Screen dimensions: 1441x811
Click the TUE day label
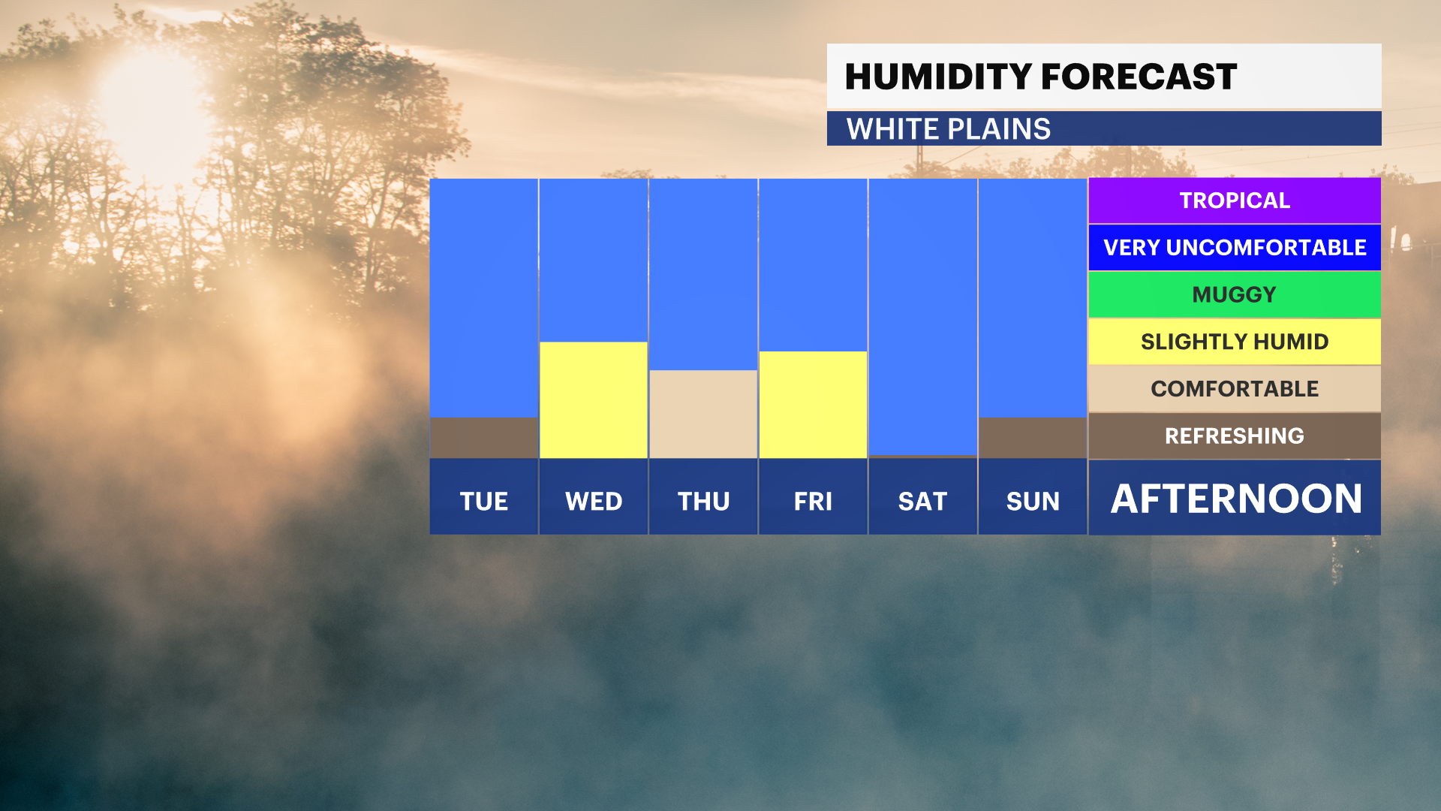coord(484,501)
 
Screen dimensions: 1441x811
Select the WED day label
coord(594,501)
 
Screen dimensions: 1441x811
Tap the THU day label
coord(703,501)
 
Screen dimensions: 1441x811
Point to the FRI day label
coord(813,501)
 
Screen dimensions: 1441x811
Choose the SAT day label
coord(922,501)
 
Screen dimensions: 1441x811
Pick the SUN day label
coord(1033,501)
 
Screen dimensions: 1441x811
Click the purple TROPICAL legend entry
coord(1235,200)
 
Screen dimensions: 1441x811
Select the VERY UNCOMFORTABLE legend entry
coord(1235,247)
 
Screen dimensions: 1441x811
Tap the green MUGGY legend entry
coord(1235,294)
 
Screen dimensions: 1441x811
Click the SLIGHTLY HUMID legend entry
coord(1235,342)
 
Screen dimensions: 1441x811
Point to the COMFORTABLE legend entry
coord(1235,389)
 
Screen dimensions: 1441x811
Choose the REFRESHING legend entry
coord(1235,436)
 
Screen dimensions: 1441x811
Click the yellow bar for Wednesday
coord(594,400)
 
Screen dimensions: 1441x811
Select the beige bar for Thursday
coord(703,414)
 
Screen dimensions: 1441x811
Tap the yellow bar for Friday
coord(813,405)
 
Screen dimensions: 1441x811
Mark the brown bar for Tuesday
coord(484,438)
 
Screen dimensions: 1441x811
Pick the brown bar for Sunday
coord(1033,438)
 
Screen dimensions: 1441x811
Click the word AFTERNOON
coord(1236,499)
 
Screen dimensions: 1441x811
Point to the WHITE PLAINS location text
coord(949,129)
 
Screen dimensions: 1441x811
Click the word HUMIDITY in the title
coord(938,77)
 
